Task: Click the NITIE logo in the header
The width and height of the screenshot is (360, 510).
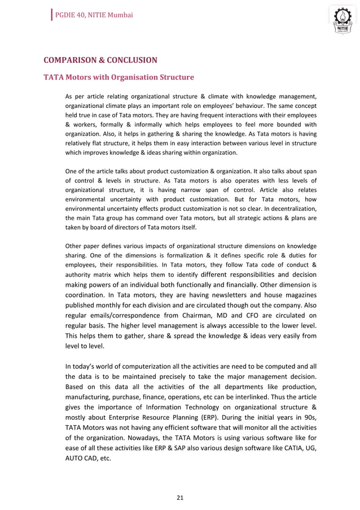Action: pyautogui.click(x=340, y=21)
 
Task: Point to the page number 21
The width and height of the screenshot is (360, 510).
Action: pyautogui.click(x=180, y=498)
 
